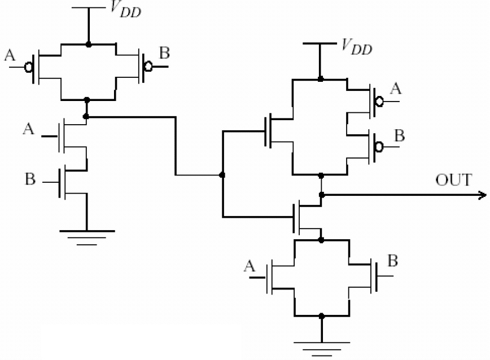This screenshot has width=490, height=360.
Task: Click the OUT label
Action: [x=453, y=181]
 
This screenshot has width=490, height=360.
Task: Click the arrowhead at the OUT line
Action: [x=482, y=195]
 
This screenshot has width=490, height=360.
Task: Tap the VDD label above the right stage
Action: [x=357, y=48]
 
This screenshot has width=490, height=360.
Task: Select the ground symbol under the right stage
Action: [x=321, y=345]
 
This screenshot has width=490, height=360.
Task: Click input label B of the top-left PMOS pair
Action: [x=165, y=54]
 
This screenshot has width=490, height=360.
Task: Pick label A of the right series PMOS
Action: [x=396, y=88]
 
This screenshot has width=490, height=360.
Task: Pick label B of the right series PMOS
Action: [x=399, y=135]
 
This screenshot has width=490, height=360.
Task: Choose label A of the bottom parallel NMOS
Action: [x=250, y=266]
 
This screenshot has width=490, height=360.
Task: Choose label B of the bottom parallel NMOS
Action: [x=392, y=261]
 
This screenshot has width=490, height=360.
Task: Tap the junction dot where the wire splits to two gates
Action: [x=222, y=175]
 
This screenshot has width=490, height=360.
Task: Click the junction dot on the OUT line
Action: [x=321, y=195]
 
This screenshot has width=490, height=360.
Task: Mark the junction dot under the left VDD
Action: [x=87, y=43]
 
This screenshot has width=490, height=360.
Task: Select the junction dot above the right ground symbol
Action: [x=321, y=315]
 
